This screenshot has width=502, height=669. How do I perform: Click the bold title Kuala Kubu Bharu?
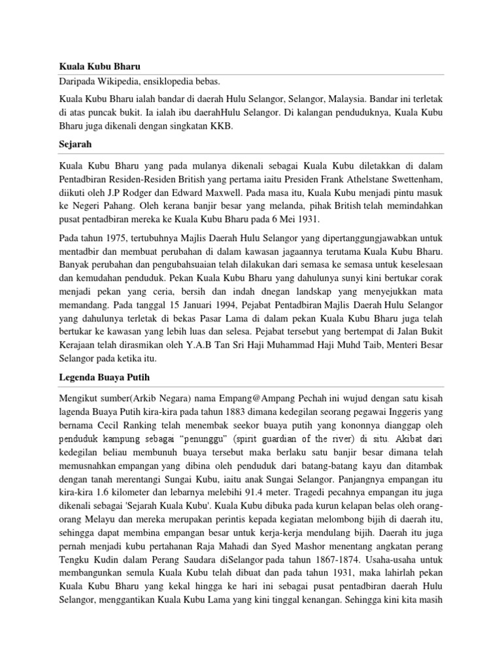pyautogui.click(x=95, y=67)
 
